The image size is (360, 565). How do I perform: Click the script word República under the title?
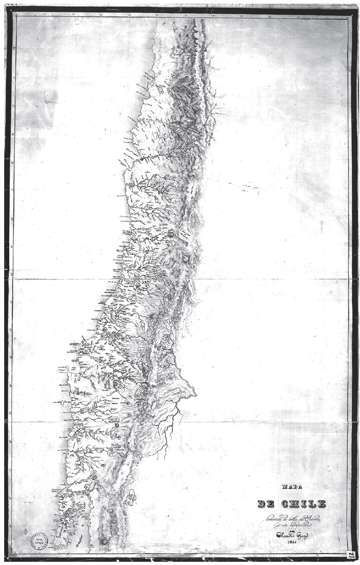[299, 522]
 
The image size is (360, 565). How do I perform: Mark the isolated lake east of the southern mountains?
[130, 497]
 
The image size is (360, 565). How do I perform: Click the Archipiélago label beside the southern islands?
[85, 535]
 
